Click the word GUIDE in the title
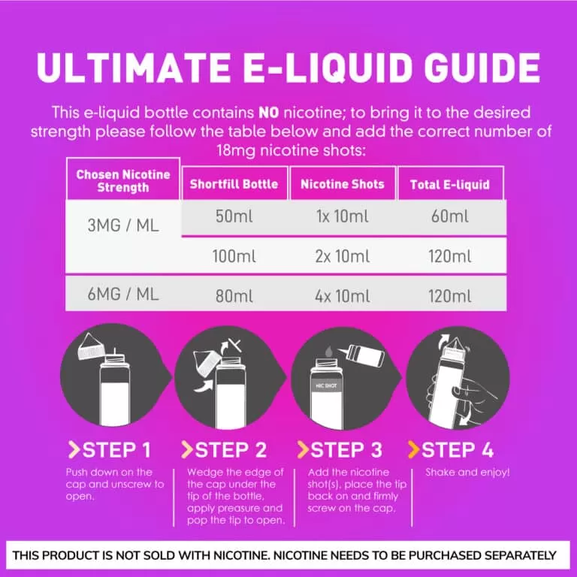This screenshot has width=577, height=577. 482,68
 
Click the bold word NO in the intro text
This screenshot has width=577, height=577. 269,113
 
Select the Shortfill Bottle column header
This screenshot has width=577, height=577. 234,183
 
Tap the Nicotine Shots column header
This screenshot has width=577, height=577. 343,183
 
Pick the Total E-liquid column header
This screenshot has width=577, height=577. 450,184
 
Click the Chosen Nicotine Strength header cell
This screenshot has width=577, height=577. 123,180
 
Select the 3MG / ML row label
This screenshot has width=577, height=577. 123,225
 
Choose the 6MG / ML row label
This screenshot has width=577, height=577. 123,295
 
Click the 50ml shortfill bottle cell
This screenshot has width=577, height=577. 234,216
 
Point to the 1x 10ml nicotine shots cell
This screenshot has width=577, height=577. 343,216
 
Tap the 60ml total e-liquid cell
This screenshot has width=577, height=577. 450,216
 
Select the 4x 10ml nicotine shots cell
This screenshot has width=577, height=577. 343,296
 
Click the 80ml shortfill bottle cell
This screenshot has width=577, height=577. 234,296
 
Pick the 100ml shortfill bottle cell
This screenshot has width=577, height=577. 234,256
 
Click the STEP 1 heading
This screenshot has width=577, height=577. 110,450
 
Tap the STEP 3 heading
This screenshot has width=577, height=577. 340,450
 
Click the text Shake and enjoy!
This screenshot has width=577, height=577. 467,472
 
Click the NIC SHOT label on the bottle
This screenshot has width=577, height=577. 326,385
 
